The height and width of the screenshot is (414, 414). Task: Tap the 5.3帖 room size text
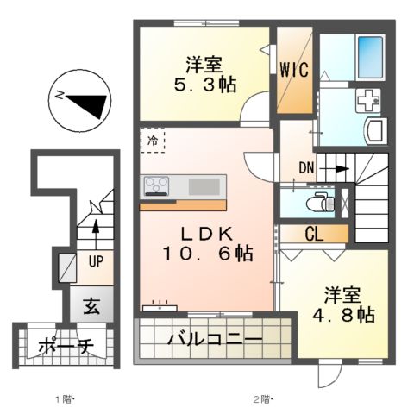pyautogui.click(x=204, y=86)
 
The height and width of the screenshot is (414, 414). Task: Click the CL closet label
pyautogui.click(x=314, y=233)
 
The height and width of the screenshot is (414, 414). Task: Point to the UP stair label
pyautogui.click(x=94, y=259)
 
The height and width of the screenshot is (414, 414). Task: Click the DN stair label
pyautogui.click(x=308, y=167)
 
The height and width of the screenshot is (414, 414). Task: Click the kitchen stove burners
pyautogui.click(x=158, y=185)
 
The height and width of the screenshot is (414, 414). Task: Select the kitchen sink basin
pyautogui.click(x=204, y=185)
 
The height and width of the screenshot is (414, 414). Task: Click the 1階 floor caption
pyautogui.click(x=66, y=399)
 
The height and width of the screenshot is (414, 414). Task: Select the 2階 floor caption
pyautogui.click(x=261, y=399)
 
